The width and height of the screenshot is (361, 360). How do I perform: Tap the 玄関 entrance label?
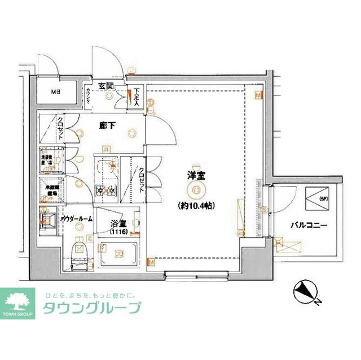(x=107, y=86)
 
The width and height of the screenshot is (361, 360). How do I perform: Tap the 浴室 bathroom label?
(x=117, y=223)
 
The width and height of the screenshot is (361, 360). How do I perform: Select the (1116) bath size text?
(x=118, y=232)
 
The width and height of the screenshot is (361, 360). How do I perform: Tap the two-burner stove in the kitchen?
(x=106, y=190)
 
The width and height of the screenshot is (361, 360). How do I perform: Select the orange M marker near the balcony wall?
(x=258, y=96)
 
